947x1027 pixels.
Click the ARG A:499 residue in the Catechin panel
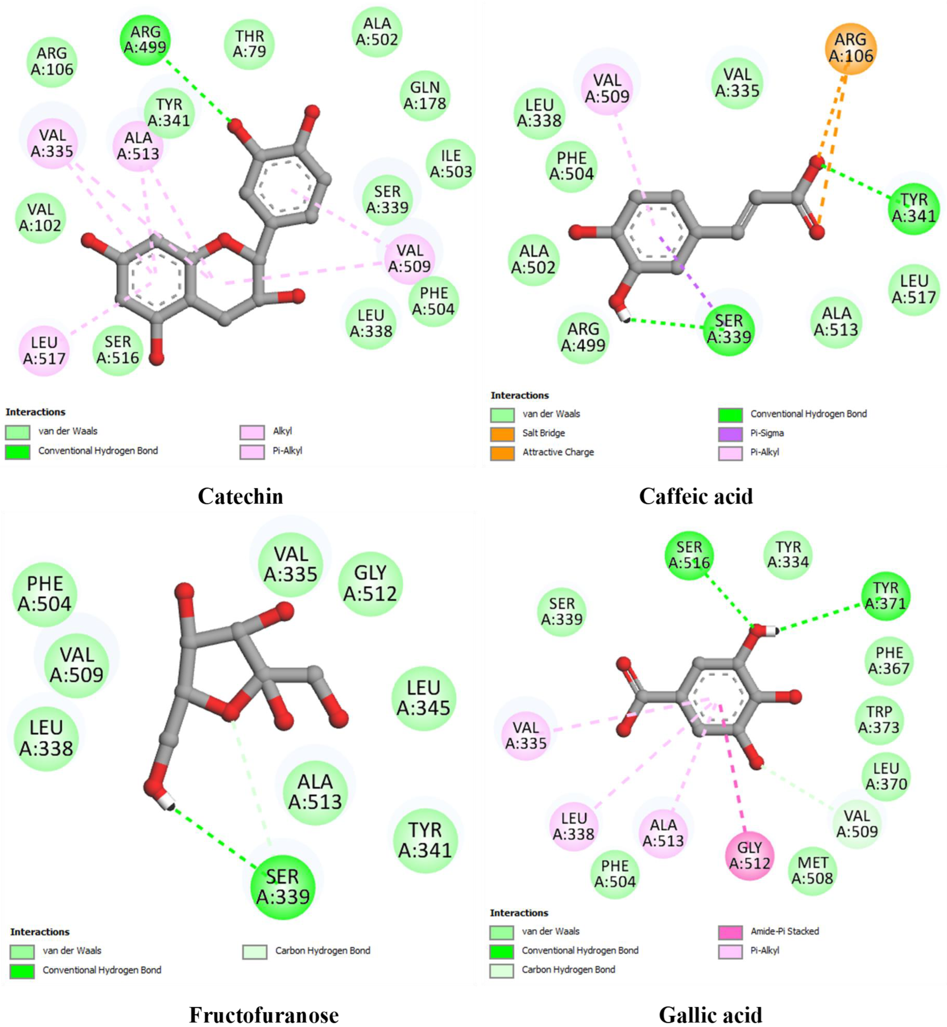click(x=145, y=40)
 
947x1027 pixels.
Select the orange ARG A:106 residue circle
click(x=851, y=48)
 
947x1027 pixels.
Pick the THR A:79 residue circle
click(x=250, y=44)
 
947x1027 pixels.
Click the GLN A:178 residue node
click(x=425, y=96)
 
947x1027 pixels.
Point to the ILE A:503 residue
click(x=451, y=164)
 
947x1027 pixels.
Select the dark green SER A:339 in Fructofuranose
click(x=283, y=887)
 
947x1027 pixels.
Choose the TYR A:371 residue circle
click(x=886, y=596)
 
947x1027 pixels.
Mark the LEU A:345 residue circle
click(x=423, y=698)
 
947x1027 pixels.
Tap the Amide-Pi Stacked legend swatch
click(x=730, y=931)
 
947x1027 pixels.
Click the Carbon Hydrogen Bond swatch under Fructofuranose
click(x=255, y=952)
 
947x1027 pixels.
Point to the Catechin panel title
click(x=240, y=496)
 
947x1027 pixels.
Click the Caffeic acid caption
click(x=696, y=496)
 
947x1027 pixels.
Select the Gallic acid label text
click(x=710, y=1015)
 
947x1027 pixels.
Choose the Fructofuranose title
click(x=264, y=1015)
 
